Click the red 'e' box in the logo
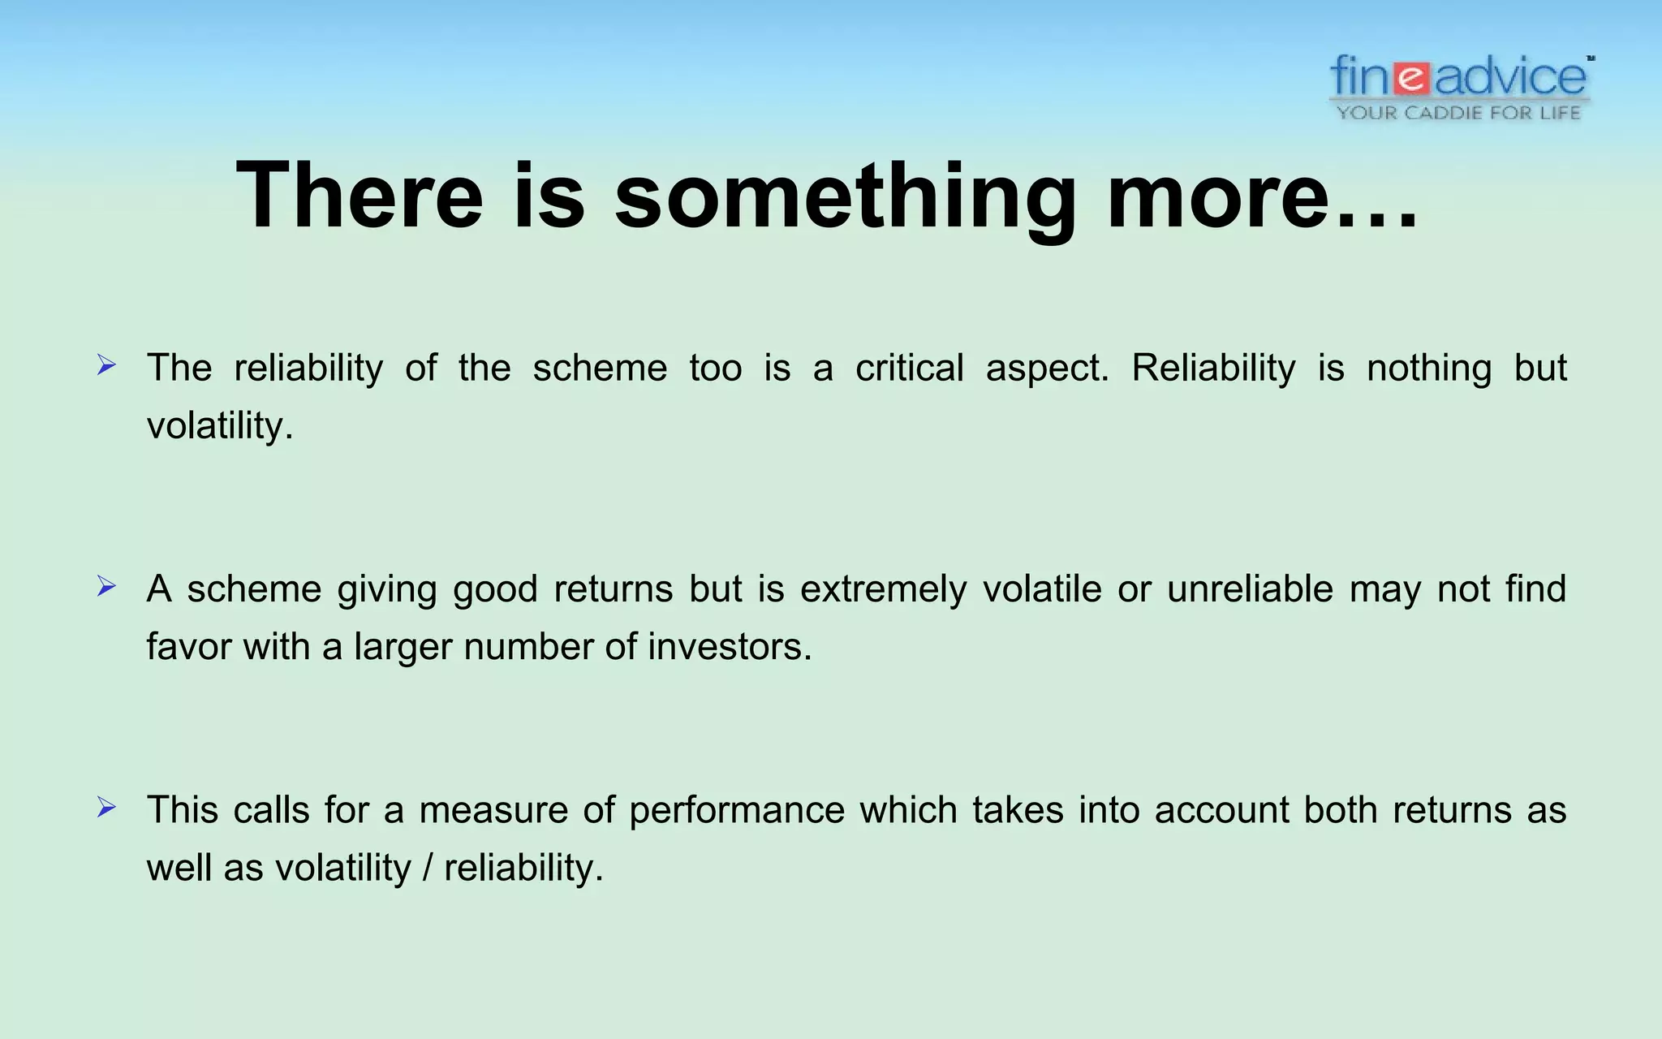[x=1413, y=78]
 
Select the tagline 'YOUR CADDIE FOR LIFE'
[x=1458, y=113]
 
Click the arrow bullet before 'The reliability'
[x=106, y=365]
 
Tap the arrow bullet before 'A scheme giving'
[x=106, y=586]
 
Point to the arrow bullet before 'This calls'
[x=106, y=807]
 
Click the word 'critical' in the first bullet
[x=909, y=368]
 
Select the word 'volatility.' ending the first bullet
[x=219, y=425]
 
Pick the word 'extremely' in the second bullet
[x=883, y=589]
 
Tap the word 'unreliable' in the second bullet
[x=1250, y=589]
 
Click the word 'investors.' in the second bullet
[x=730, y=647]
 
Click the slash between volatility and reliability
[x=428, y=868]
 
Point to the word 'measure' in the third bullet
[x=493, y=810]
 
